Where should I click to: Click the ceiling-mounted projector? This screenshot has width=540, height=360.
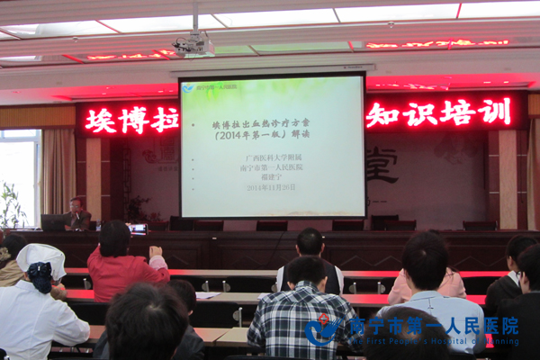point(193,45)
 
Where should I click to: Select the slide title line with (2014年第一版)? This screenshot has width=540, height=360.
point(272,137)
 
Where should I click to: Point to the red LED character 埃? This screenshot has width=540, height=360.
point(101,120)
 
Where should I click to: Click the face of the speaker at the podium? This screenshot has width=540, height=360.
point(76,206)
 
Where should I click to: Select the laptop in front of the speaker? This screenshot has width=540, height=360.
point(52,222)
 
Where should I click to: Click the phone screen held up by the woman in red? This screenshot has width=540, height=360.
point(137,229)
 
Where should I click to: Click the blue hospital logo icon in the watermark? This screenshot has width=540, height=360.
point(321,329)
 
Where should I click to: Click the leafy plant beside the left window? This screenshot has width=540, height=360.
point(11,207)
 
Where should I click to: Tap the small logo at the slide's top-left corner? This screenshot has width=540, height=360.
point(189,87)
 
